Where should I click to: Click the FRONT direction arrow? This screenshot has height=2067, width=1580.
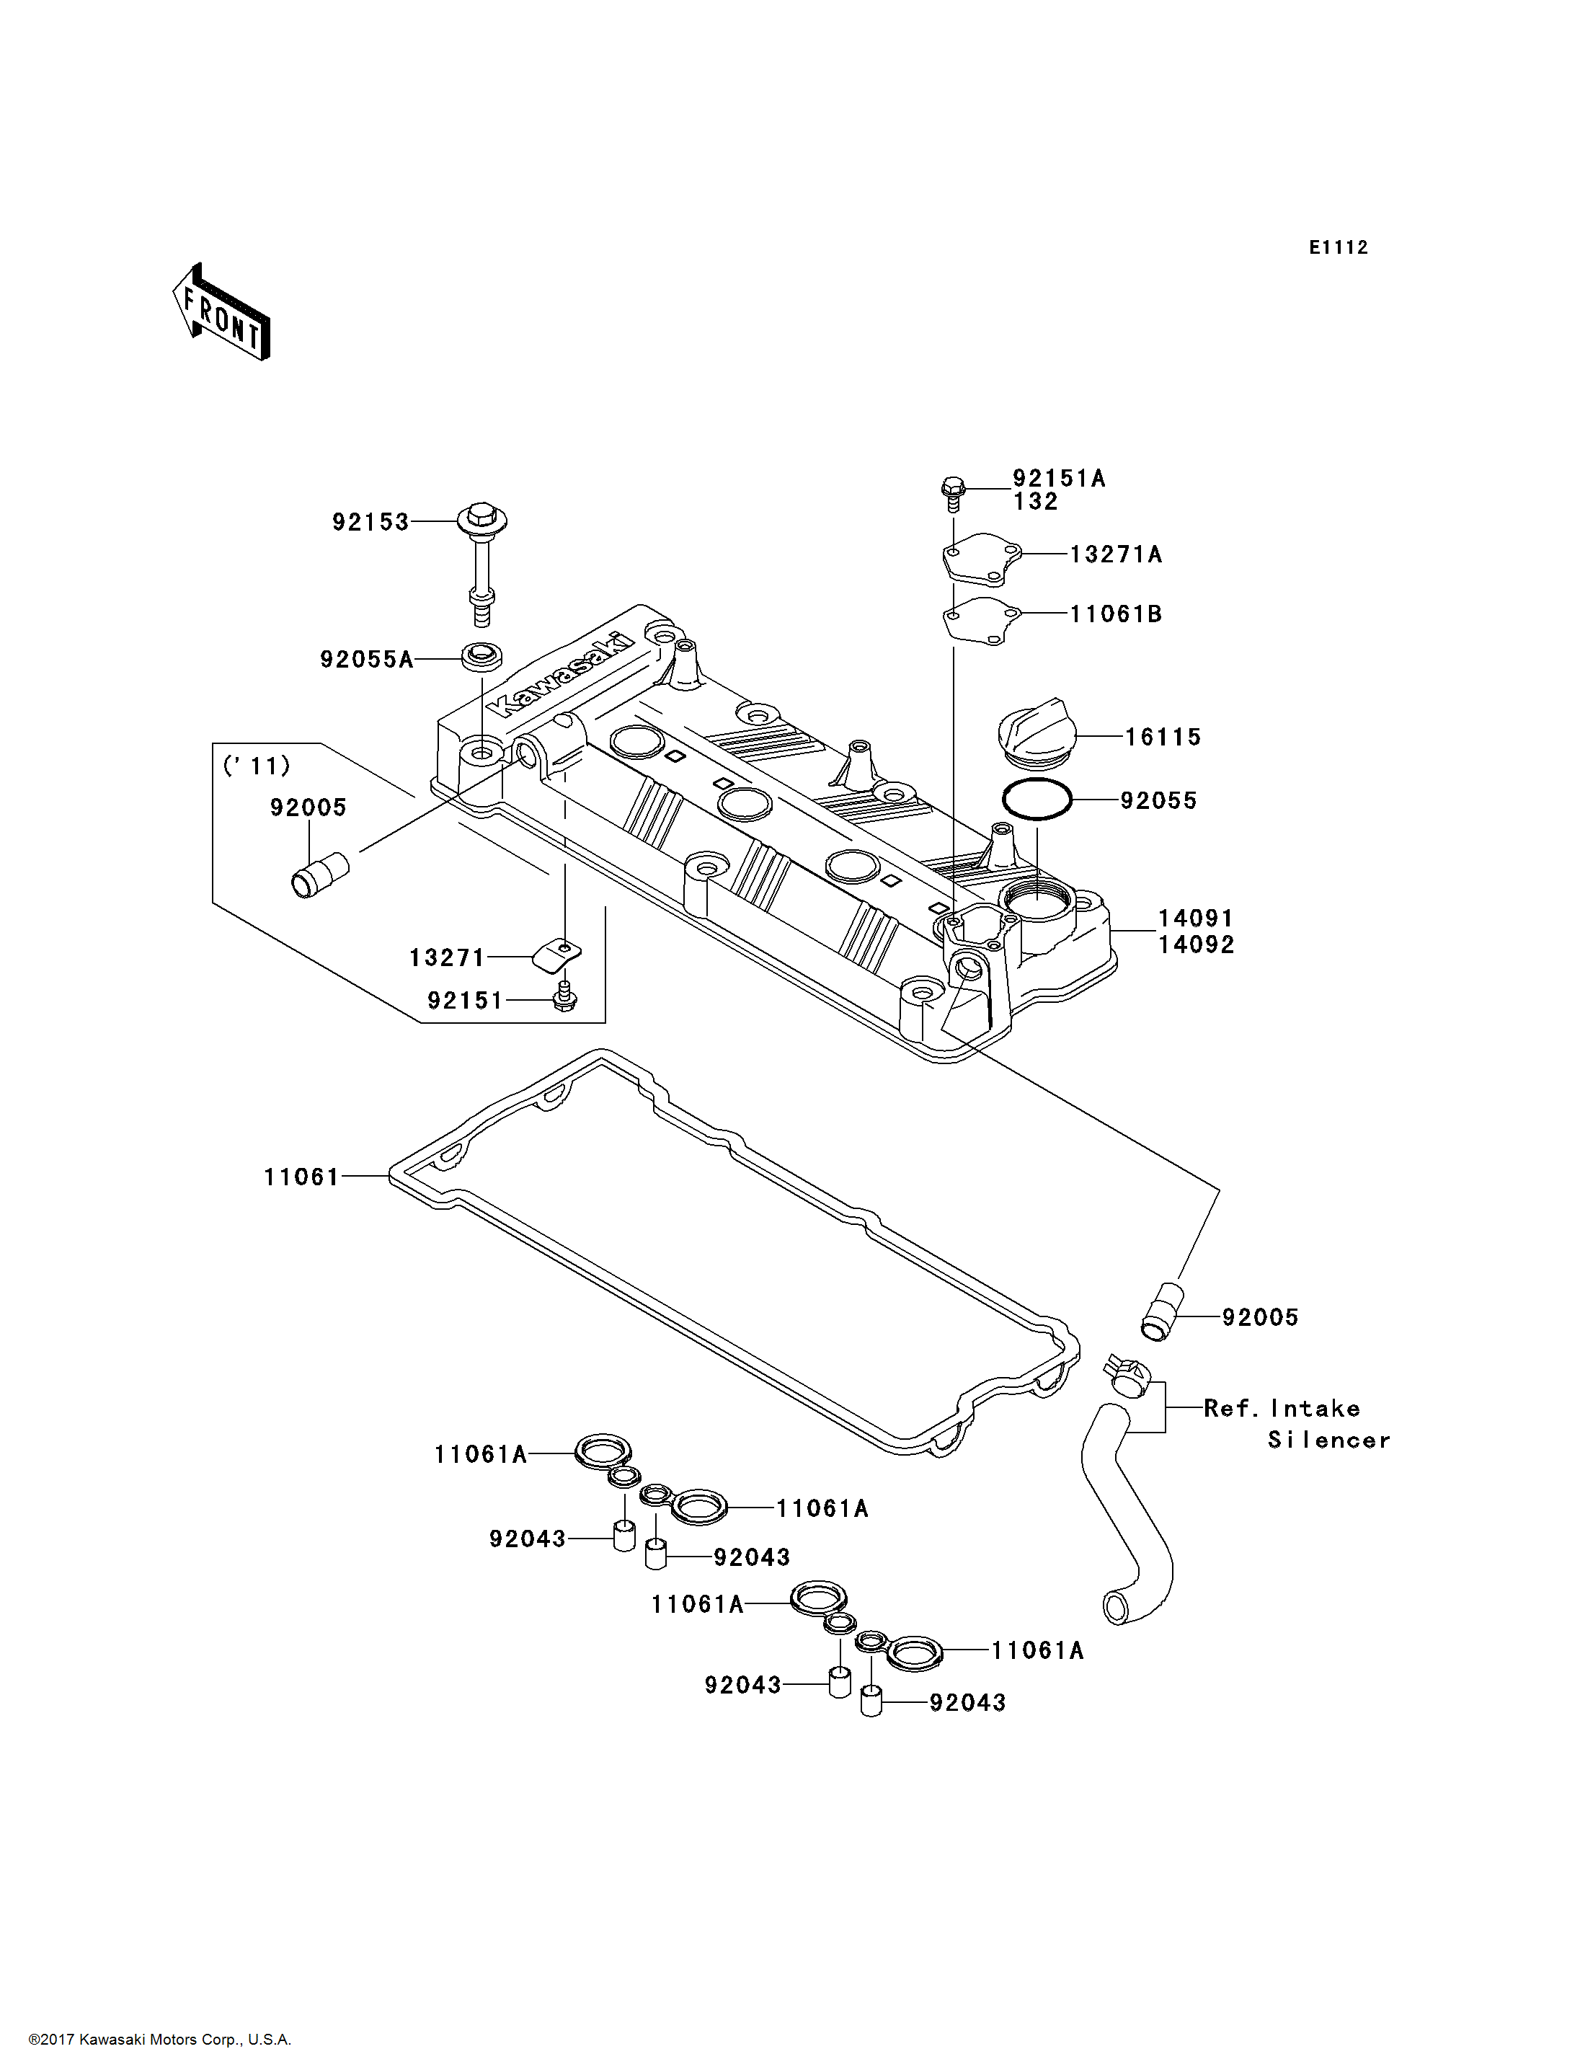[x=221, y=312]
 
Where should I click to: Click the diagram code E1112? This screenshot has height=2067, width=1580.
[x=1339, y=247]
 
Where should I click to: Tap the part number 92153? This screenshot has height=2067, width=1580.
[x=370, y=522]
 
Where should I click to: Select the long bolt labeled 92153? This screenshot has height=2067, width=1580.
[x=482, y=565]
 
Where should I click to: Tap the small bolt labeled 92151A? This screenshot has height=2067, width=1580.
[x=953, y=493]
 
